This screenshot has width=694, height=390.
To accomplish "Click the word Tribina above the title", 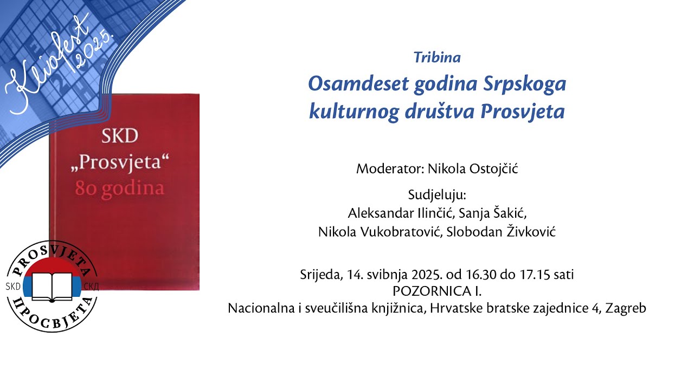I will [437, 57].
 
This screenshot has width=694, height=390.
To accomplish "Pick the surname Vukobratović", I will [398, 232].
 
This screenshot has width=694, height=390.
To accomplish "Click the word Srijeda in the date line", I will [319, 275].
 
